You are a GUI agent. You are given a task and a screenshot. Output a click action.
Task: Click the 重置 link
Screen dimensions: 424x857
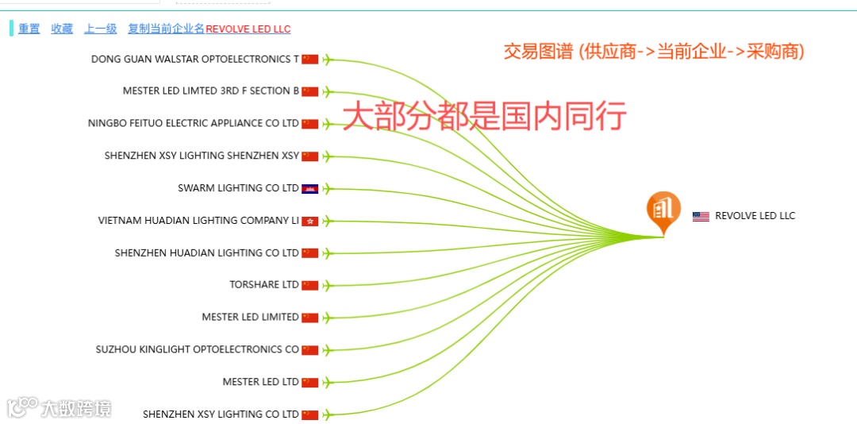[29, 29]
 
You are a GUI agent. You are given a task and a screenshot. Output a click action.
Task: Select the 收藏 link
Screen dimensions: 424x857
[62, 29]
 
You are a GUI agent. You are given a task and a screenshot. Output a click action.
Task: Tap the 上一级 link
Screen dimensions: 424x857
[101, 29]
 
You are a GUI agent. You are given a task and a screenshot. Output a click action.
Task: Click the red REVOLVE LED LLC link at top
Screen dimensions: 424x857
[248, 29]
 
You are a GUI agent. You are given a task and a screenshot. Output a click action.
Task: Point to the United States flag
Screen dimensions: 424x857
[701, 216]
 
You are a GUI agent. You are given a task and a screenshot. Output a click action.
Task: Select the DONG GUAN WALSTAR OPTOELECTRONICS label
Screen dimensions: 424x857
[195, 59]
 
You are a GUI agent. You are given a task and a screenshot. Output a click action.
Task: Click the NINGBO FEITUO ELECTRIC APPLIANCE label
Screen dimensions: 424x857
[194, 123]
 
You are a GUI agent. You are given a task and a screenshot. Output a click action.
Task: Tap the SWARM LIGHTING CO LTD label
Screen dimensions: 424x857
[238, 188]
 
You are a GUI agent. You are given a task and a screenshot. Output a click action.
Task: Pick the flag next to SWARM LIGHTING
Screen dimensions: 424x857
[309, 188]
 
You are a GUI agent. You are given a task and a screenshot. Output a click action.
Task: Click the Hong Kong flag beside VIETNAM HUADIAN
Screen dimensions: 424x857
[309, 221]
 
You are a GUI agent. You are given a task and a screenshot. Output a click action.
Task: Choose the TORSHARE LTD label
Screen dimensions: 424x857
[264, 284]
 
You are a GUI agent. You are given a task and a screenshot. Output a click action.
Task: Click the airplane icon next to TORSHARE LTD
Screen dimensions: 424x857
[326, 285]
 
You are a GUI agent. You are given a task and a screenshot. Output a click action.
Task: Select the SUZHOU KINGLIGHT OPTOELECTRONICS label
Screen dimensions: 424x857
[198, 349]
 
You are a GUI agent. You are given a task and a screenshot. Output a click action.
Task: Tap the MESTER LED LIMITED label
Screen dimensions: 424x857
[250, 317]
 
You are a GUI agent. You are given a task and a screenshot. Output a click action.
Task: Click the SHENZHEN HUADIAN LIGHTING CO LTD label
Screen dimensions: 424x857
[206, 252]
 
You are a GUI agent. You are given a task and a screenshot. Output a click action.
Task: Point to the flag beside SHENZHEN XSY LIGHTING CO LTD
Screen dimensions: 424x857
[309, 414]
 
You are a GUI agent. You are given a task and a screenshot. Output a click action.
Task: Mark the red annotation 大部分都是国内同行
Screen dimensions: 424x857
[484, 116]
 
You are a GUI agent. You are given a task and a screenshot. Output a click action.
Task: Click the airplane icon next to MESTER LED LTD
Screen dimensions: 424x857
[326, 382]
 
